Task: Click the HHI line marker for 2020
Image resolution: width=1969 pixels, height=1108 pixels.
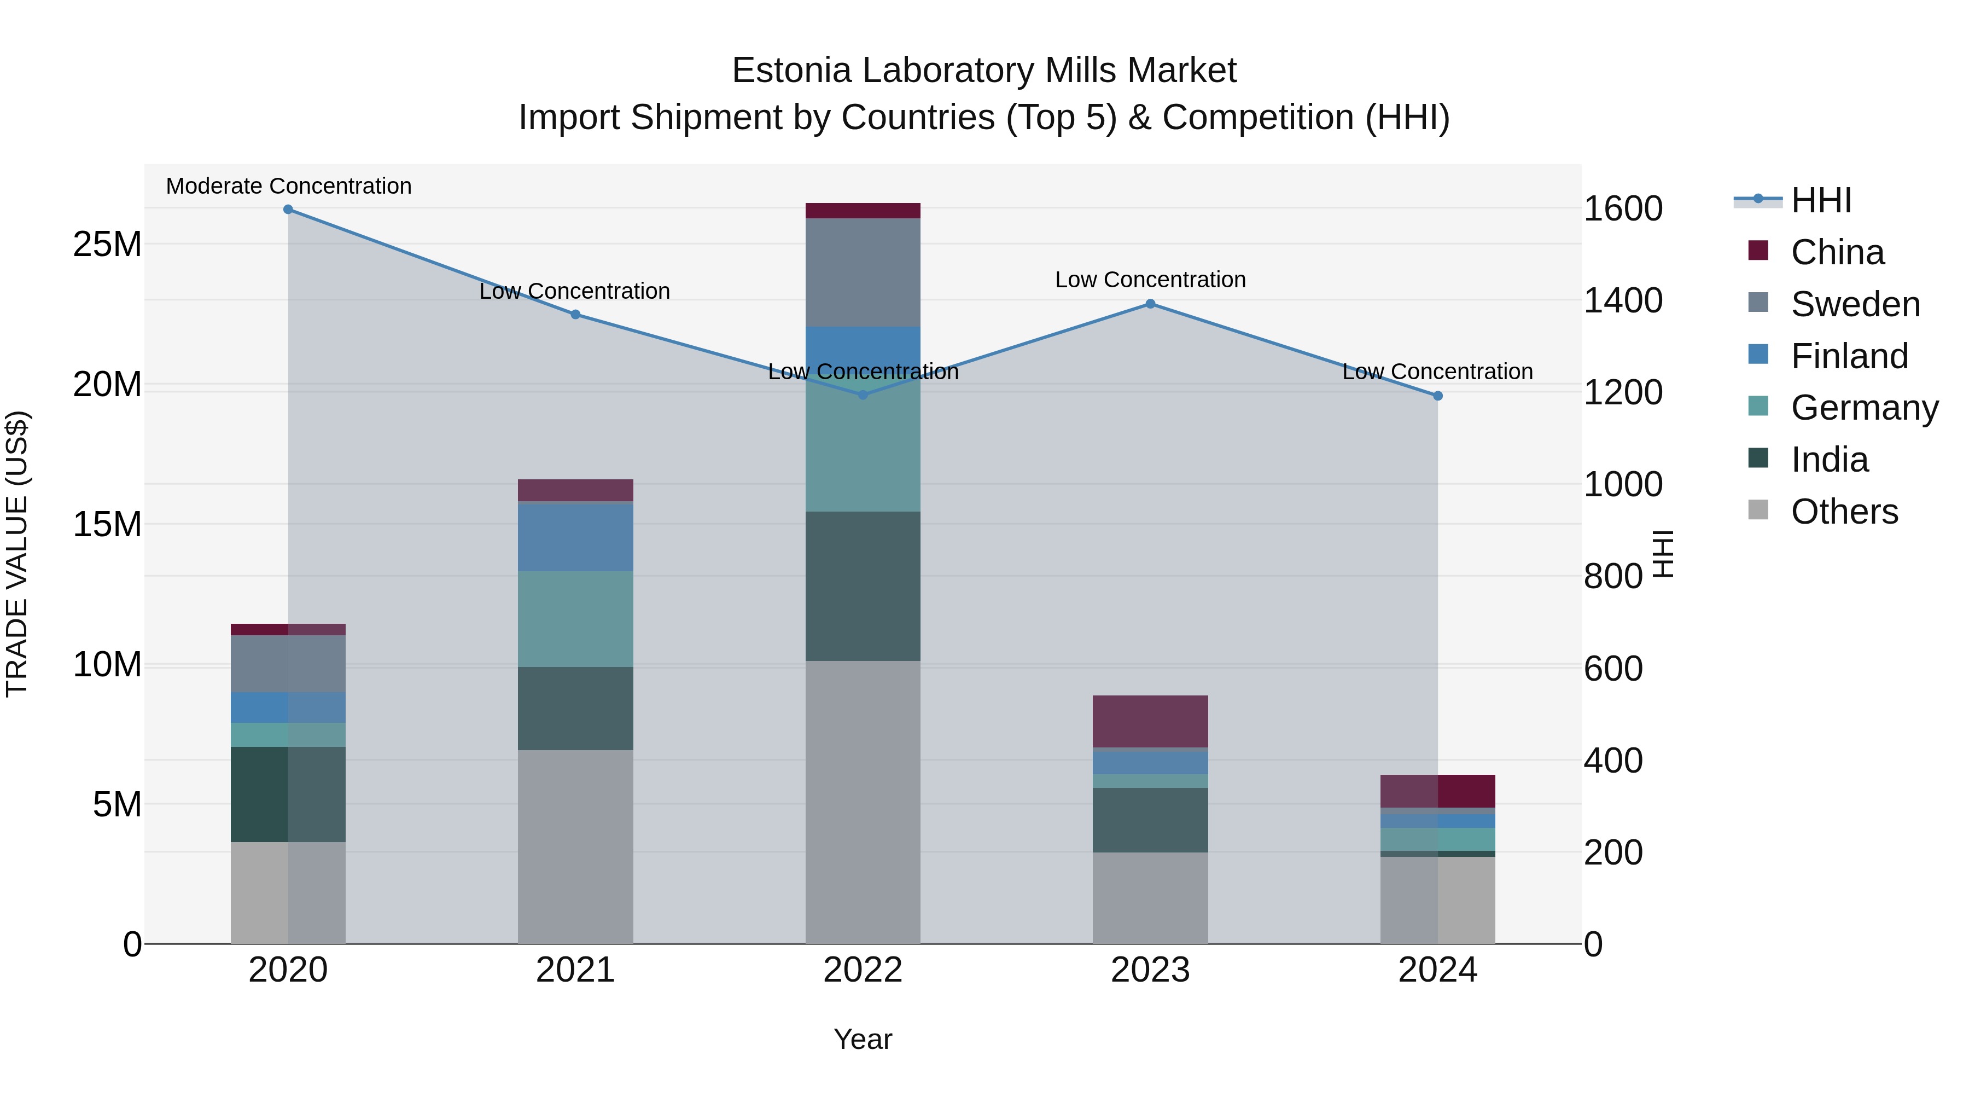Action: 288,210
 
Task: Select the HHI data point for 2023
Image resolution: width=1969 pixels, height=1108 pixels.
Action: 1150,304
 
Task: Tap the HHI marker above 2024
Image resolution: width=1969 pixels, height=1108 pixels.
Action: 1438,396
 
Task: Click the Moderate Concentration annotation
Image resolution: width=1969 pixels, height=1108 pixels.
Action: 288,187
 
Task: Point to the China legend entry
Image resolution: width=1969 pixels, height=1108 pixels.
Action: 1837,252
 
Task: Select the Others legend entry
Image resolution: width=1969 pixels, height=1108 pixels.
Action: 1844,512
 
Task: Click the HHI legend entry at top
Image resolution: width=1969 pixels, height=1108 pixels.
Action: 1821,200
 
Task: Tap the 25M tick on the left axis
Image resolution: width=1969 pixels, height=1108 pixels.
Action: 107,245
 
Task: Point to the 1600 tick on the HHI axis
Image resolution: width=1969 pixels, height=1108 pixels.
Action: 1623,209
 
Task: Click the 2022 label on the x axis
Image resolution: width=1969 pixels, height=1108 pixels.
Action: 863,970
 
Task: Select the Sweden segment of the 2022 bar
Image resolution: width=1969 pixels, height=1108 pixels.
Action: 863,273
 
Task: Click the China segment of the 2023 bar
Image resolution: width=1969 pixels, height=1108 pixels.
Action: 1150,721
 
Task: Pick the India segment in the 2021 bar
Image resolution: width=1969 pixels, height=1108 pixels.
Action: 575,708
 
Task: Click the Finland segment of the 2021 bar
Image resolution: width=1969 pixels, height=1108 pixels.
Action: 575,537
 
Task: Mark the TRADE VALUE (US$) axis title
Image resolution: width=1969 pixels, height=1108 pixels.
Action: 17,554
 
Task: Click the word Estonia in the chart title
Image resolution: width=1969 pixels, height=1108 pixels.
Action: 791,71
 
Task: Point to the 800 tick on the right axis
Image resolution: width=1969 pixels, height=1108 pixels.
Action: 1613,577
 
